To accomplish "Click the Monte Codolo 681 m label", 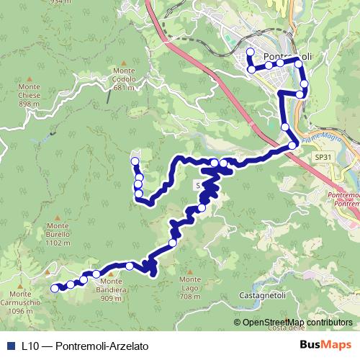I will pyautogui.click(x=124, y=78).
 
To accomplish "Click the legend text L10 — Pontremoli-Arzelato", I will pyautogui.click(x=85, y=346).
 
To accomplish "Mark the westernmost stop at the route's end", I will pyautogui.click(x=54, y=288).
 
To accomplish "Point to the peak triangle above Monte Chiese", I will pyautogui.click(x=28, y=78).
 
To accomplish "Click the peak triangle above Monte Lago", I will pyautogui.click(x=189, y=271).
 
